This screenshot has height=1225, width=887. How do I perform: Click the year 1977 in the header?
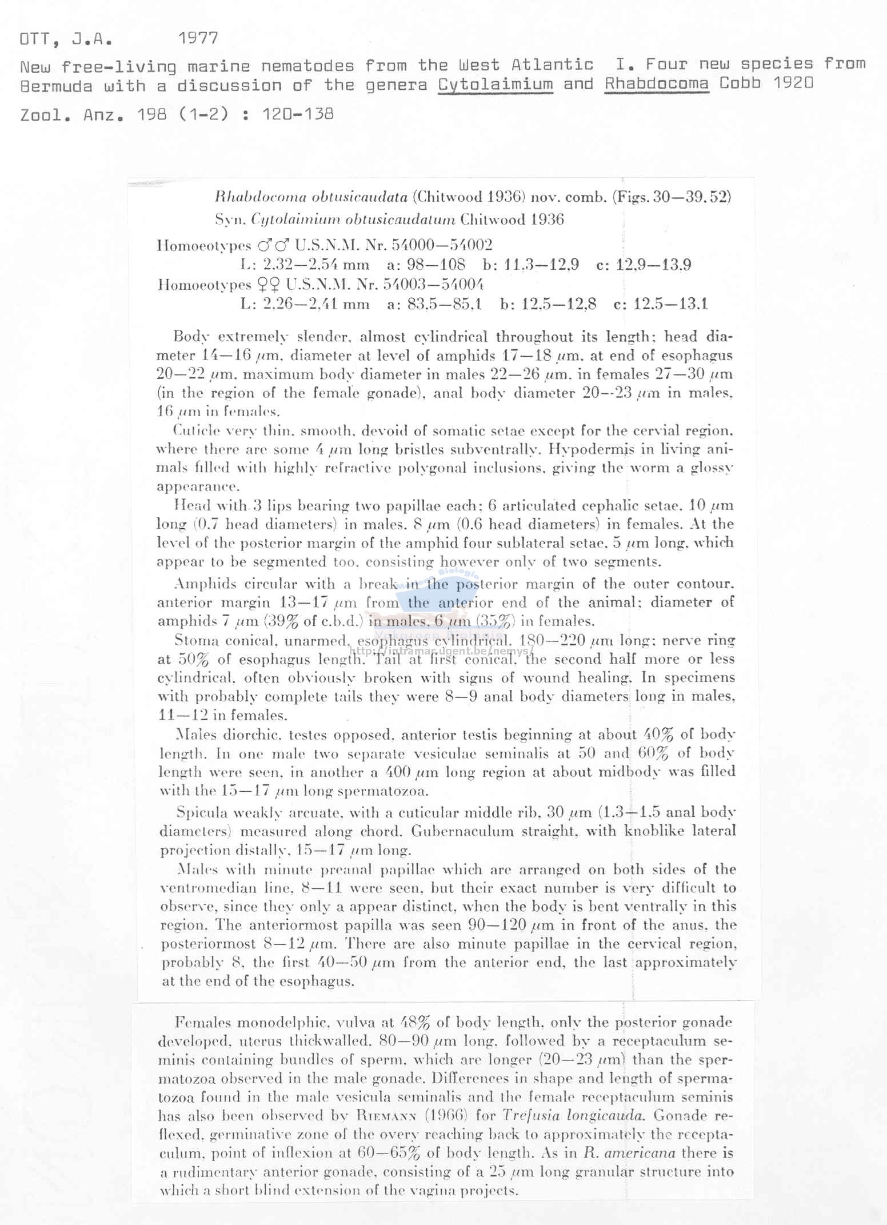tap(198, 39)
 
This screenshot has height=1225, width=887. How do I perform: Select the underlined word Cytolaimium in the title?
tap(496, 85)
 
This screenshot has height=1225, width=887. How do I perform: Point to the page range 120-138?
tap(298, 114)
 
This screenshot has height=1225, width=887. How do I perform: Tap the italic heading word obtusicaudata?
tap(359, 197)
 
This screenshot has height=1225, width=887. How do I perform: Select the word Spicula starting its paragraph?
tap(202, 812)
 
